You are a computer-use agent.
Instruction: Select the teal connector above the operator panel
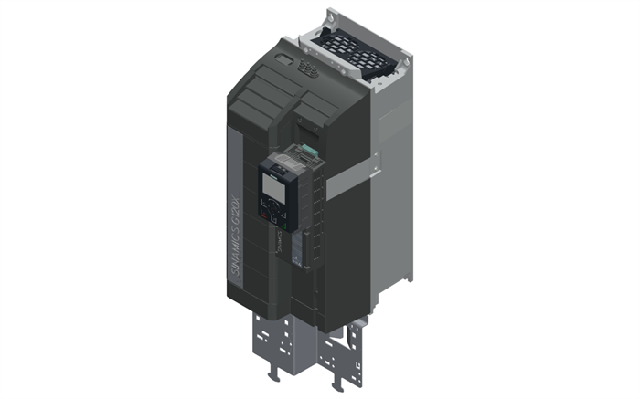tap(309, 150)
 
